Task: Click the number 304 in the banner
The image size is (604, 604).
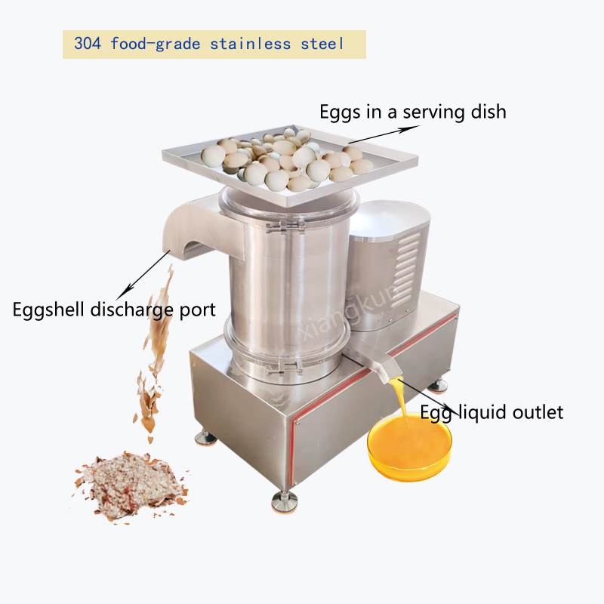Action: [x=88, y=44]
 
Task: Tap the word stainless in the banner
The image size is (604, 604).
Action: [x=251, y=44]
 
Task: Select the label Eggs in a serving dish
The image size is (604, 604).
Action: [x=413, y=112]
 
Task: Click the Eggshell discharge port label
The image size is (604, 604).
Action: [x=114, y=310]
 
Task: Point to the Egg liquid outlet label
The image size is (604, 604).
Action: [x=492, y=412]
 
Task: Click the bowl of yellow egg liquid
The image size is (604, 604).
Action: [x=410, y=446]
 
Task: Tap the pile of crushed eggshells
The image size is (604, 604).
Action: [x=131, y=485]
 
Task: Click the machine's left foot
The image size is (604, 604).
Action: [x=205, y=438]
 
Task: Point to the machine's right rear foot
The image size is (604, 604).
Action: [x=437, y=386]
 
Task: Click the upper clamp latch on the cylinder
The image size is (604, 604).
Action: [x=285, y=226]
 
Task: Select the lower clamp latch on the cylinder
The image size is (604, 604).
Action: [x=285, y=368]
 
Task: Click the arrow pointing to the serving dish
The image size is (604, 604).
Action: [x=384, y=134]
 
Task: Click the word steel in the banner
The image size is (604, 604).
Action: [x=322, y=44]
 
